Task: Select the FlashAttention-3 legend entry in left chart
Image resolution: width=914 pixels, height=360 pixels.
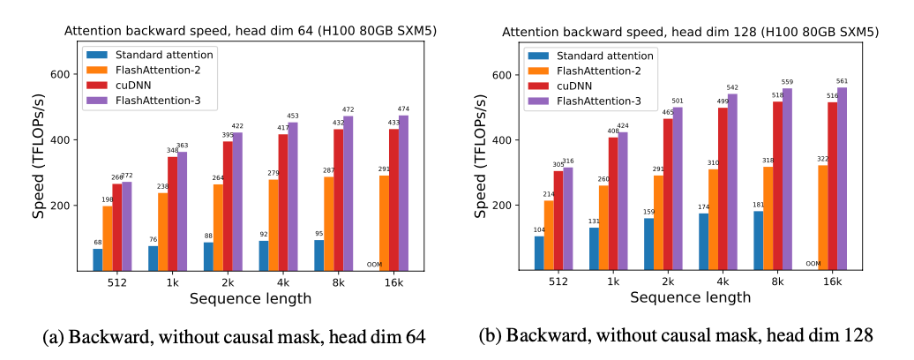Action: [x=154, y=101]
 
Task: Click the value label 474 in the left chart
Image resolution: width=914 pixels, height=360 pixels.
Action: [x=403, y=109]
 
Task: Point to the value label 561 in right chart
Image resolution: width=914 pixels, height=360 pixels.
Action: [x=842, y=80]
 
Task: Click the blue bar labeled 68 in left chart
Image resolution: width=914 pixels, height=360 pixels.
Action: [x=97, y=260]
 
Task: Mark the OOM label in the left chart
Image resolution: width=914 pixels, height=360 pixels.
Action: [x=374, y=264]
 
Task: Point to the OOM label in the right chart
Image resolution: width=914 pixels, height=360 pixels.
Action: [x=813, y=263]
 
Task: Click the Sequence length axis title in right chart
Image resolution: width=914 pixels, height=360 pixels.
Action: [x=691, y=298]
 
